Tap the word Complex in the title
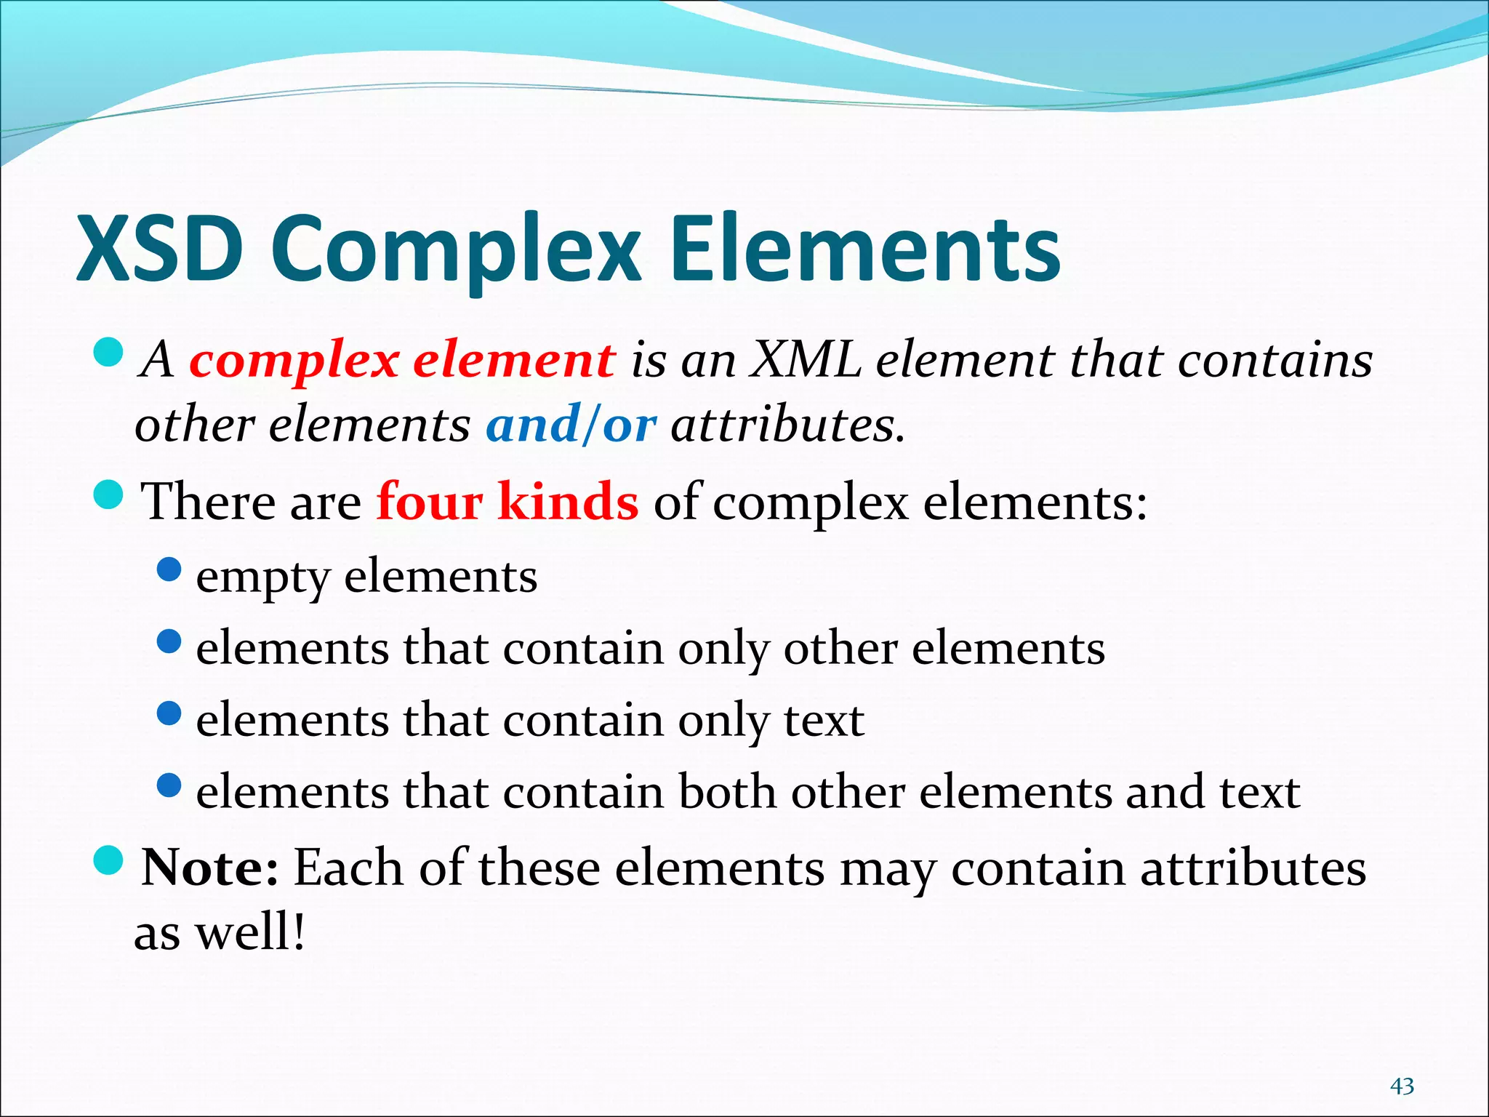(x=457, y=249)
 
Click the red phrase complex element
(x=402, y=360)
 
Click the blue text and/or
(x=571, y=425)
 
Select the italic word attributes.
(x=787, y=425)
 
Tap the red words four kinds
(x=507, y=501)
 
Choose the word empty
(x=262, y=577)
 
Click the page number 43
(x=1402, y=1086)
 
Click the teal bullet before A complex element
(x=110, y=352)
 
